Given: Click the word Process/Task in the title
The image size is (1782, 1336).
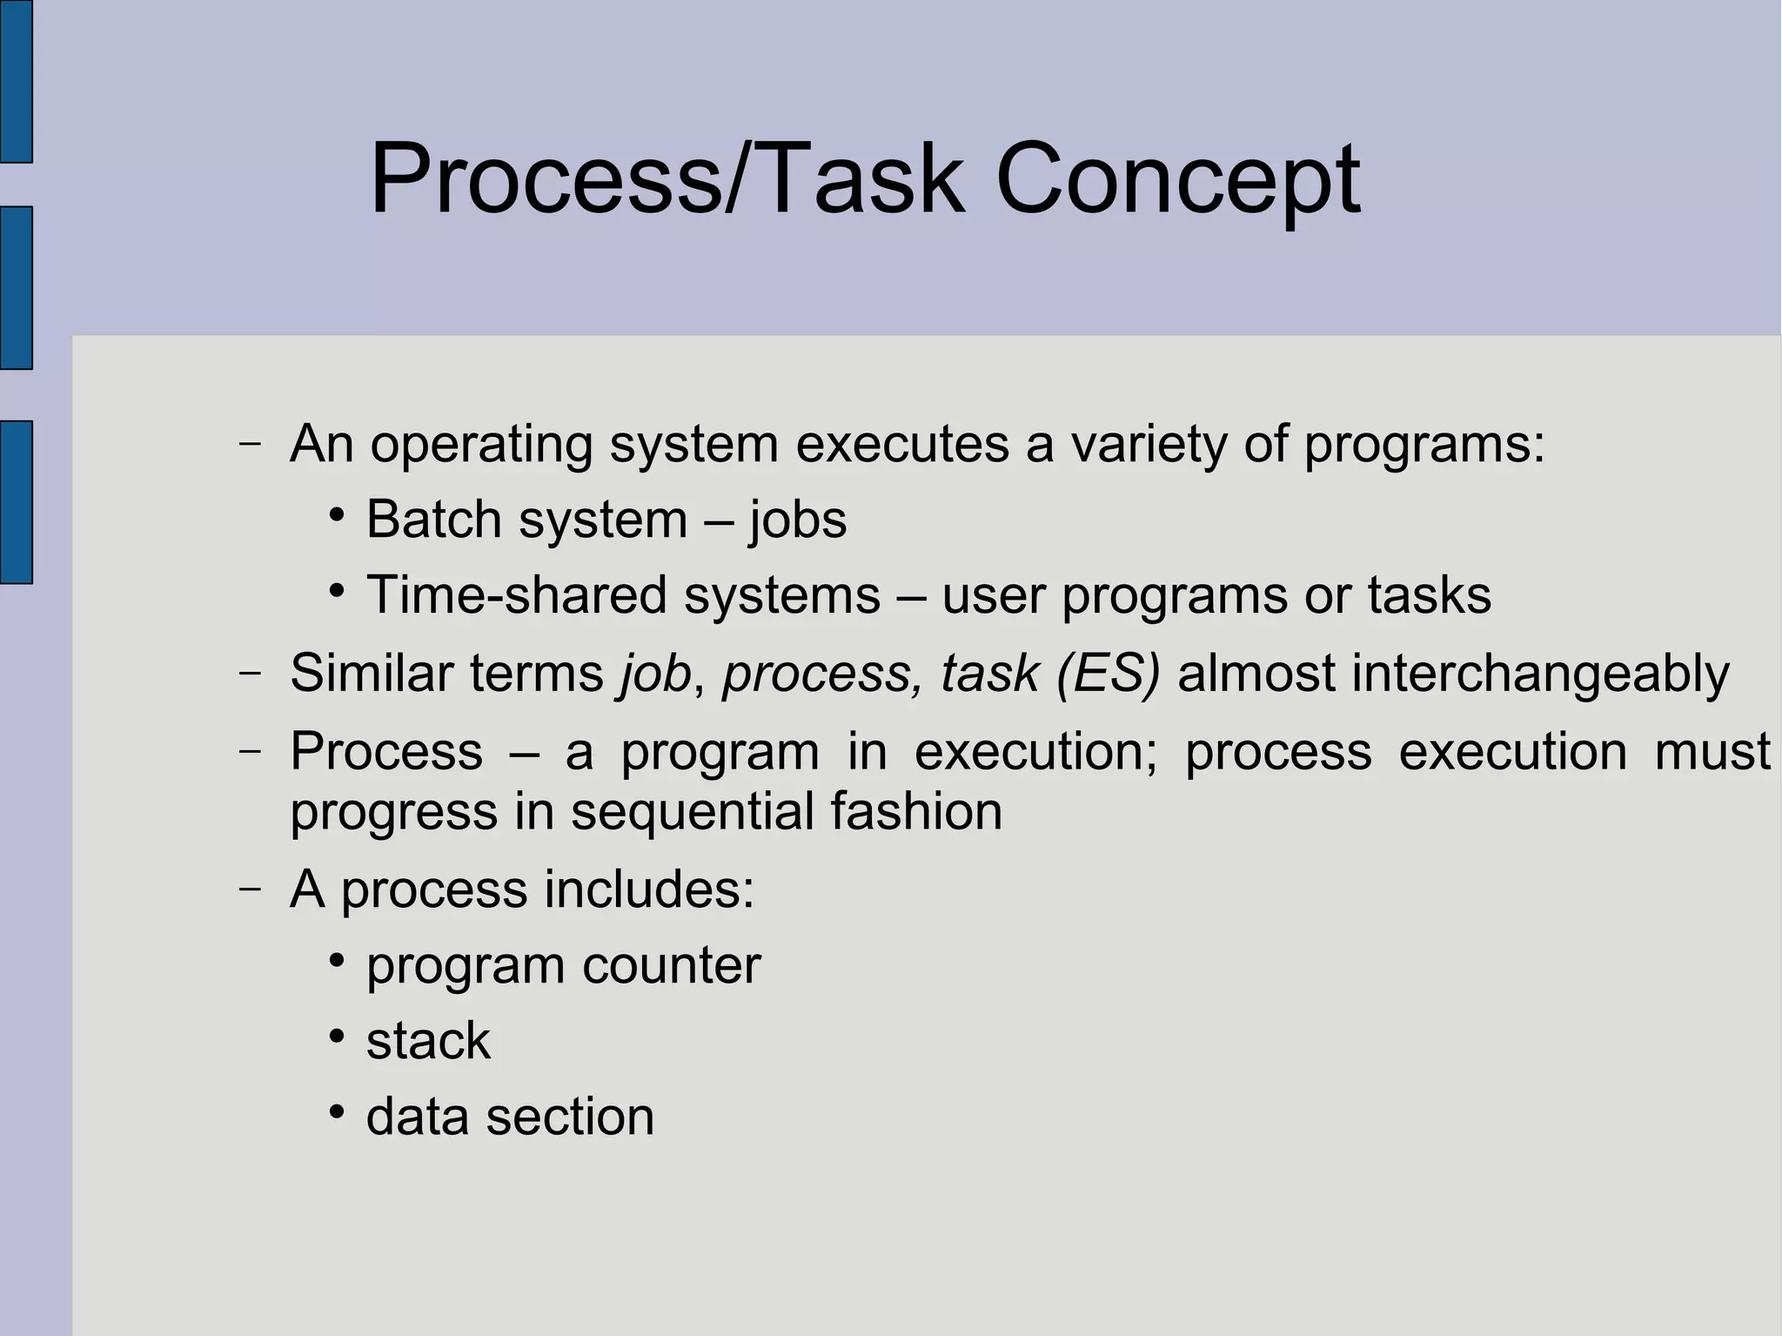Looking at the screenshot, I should click(x=667, y=181).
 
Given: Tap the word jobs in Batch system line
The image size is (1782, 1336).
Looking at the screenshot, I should click(x=798, y=520).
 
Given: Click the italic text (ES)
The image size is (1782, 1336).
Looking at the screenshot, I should click(x=1108, y=673).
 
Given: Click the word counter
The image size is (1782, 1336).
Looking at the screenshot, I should click(x=671, y=965).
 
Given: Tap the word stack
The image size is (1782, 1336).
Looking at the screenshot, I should click(x=428, y=1040).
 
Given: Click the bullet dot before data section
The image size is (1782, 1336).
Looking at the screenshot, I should click(x=338, y=1111).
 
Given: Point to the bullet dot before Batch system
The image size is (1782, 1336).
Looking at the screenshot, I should click(x=338, y=514).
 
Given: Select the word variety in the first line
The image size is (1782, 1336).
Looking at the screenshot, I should click(x=1148, y=444).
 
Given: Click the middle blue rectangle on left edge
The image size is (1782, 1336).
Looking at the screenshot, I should click(x=16, y=288).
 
